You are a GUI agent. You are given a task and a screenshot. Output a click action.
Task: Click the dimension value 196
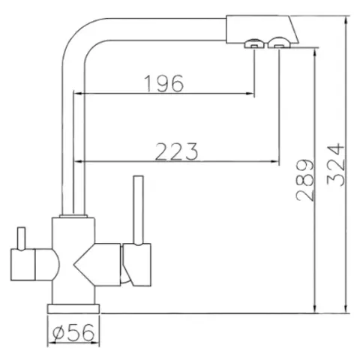coord(164,83)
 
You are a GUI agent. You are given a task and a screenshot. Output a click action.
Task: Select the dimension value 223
coord(176,151)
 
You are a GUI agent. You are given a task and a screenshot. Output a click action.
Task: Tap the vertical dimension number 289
coord(304,180)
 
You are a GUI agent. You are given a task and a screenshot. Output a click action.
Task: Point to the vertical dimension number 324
coord(335,164)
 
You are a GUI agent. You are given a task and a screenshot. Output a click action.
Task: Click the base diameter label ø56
coord(73,332)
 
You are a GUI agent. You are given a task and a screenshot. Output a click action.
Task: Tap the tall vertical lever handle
coord(138,210)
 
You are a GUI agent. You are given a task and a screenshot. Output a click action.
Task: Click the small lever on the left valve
coord(21,238)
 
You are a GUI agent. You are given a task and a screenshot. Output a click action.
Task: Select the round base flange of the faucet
coord(73,308)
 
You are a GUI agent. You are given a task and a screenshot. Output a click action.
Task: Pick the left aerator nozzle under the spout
coord(254,43)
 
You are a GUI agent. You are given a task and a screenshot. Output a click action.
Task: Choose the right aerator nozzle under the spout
coord(279,43)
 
